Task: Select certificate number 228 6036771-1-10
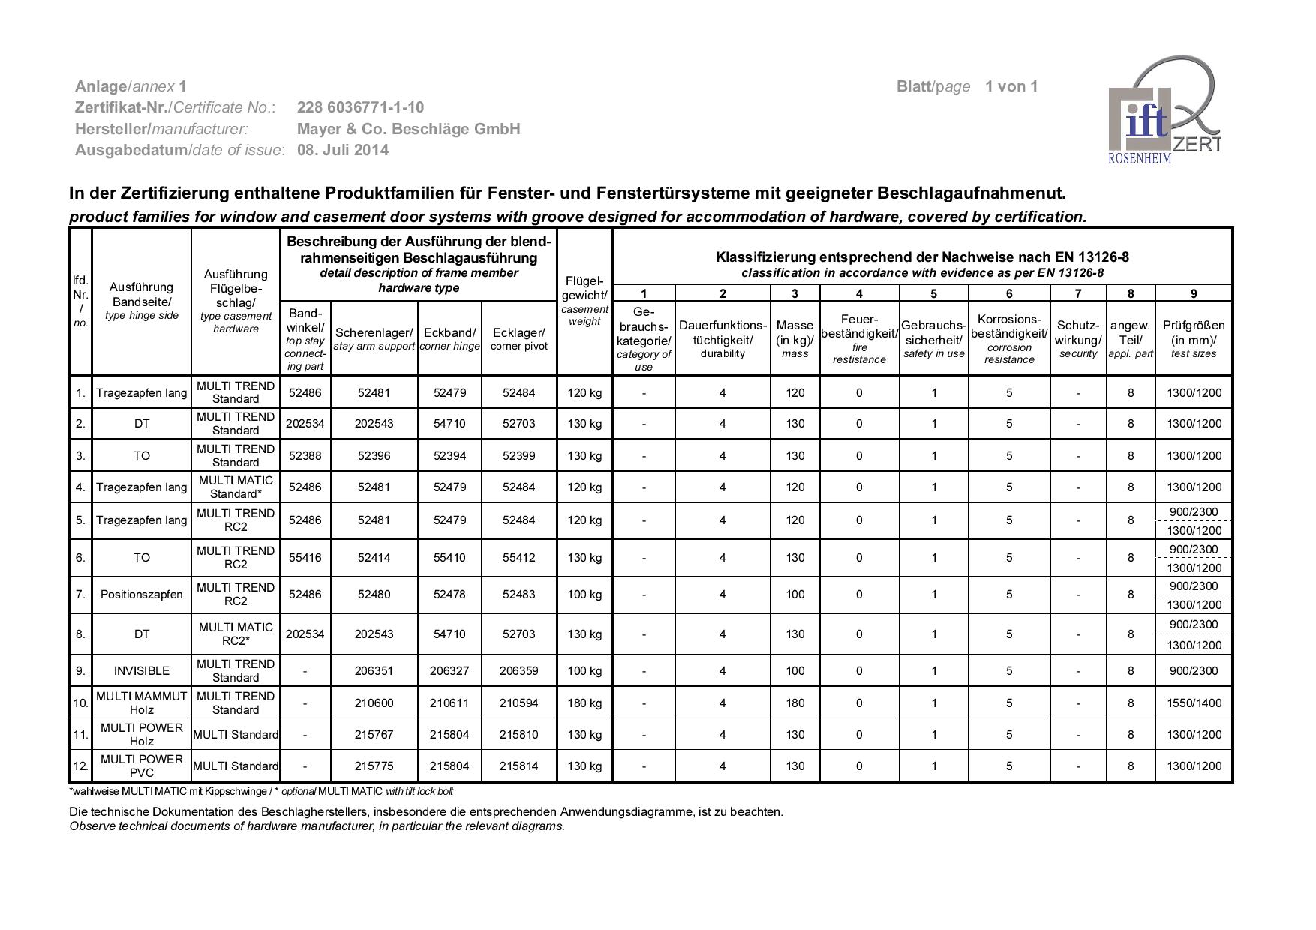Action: point(360,107)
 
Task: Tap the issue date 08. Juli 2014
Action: point(343,150)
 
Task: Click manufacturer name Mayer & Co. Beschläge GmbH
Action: point(408,129)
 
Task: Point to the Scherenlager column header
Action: point(374,338)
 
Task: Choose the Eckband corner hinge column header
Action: point(449,338)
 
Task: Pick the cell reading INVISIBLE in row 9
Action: point(142,671)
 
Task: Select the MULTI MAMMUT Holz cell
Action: point(142,703)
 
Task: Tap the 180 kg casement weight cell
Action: point(584,703)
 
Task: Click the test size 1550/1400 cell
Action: point(1194,703)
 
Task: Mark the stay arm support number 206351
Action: point(374,671)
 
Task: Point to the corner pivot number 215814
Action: point(518,766)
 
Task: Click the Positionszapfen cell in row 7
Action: point(142,595)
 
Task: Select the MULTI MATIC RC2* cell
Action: point(236,634)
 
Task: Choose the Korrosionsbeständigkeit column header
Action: point(1009,338)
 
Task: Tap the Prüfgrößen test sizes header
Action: point(1194,338)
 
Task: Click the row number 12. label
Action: point(80,766)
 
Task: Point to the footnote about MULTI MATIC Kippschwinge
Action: point(261,792)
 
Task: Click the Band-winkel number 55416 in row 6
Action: point(305,558)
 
